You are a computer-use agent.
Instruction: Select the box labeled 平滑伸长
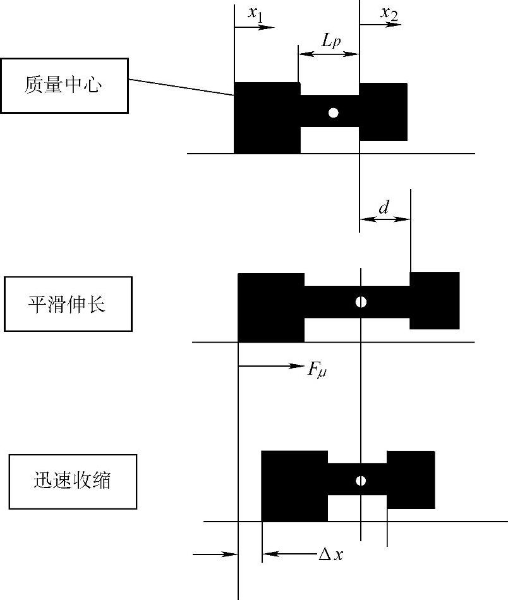point(68,304)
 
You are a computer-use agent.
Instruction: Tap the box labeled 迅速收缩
point(73,481)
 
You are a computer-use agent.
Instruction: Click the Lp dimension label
point(330,41)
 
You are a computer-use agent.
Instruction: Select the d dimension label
point(384,206)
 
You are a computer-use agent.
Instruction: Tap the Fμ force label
point(317,369)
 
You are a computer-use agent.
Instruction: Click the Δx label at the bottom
point(330,554)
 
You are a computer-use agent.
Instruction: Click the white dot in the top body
point(334,113)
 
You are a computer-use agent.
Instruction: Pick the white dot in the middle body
point(361,302)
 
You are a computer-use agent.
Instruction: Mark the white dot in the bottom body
point(361,481)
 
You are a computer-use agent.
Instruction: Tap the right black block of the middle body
point(435,300)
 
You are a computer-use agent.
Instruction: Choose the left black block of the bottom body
point(294,486)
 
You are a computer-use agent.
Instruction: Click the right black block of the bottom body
point(411,480)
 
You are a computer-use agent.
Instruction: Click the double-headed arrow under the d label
point(385,219)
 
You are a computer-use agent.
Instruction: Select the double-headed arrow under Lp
point(329,54)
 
